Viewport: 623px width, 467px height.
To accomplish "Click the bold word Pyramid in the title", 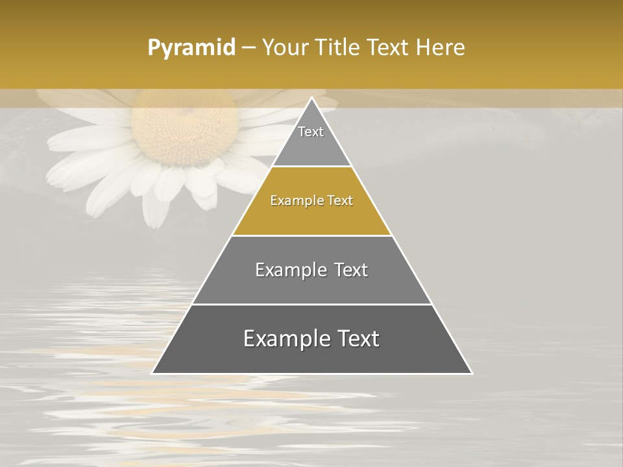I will (191, 48).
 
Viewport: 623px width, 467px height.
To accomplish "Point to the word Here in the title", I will (441, 48).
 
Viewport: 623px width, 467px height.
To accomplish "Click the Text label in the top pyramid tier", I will (311, 132).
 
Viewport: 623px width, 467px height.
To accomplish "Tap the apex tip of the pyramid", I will (312, 99).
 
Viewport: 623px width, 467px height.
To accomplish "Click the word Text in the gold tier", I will (340, 200).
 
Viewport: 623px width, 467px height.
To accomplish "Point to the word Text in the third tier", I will (351, 270).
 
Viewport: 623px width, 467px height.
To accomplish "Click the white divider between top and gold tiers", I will (312, 167).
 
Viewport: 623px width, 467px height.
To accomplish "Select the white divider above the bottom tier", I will (312, 304).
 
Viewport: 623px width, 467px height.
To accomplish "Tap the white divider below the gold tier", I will (312, 235).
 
